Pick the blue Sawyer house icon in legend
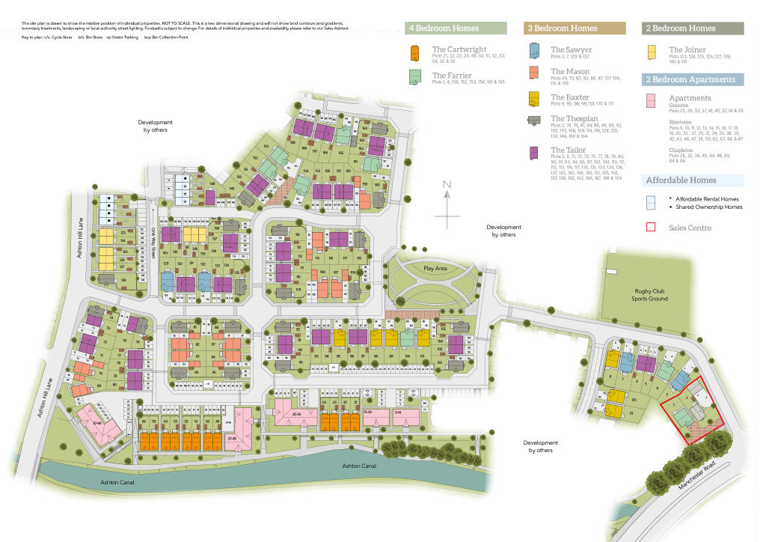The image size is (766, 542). point(535,51)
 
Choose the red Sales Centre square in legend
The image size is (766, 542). point(651,228)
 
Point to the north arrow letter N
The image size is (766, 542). point(447,184)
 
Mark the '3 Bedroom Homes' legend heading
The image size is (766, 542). point(563,28)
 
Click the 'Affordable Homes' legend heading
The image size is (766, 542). point(681,180)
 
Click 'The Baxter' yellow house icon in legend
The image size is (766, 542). point(535,99)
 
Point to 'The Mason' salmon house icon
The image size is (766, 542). point(535,73)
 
